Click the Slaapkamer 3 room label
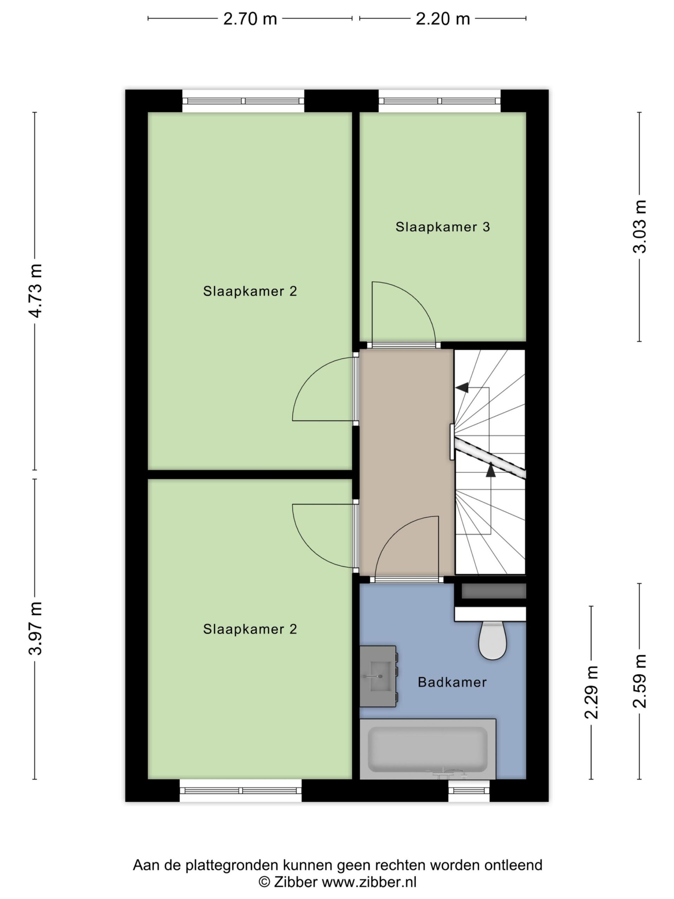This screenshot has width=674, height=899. tap(442, 227)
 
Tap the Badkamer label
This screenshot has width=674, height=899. tap(452, 682)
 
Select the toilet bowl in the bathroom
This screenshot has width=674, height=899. tap(493, 640)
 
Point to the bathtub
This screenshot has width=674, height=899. tap(428, 749)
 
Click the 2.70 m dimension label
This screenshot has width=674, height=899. tap(250, 19)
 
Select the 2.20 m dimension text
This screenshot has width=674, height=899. tap(442, 19)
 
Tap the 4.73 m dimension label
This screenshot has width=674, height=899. tap(36, 290)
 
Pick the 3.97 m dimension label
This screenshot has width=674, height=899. tap(36, 628)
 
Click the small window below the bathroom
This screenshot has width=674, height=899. tap(469, 790)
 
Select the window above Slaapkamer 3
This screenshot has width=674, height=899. tap(440, 101)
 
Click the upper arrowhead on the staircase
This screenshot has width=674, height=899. tap(462, 388)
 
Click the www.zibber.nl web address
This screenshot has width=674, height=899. tap(369, 882)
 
